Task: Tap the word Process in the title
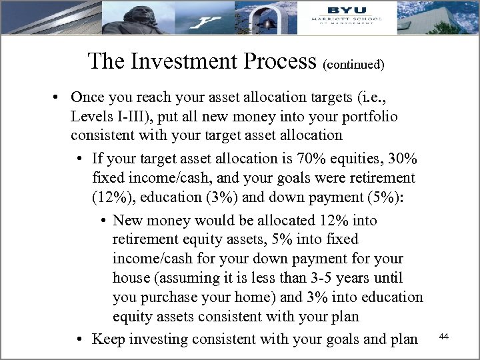point(279,61)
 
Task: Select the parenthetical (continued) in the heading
point(353,65)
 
